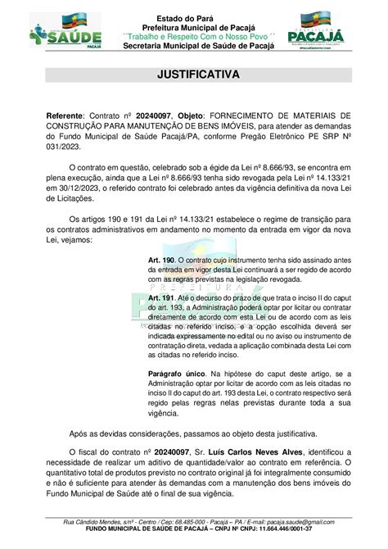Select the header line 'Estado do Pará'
(194, 8)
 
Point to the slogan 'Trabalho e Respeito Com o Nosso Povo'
(194, 36)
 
